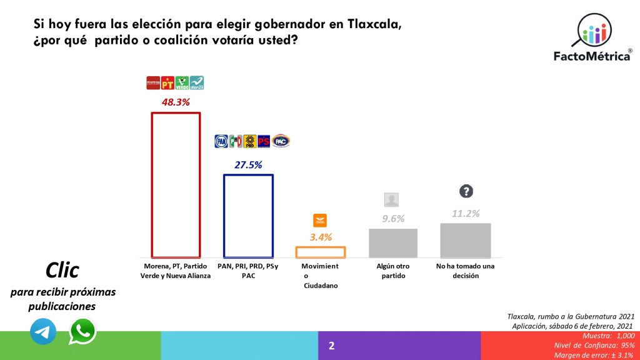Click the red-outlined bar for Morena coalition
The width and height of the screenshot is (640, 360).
point(176,185)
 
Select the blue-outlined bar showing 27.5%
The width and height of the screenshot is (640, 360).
point(248,216)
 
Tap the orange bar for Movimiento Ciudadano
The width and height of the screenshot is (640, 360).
point(320,252)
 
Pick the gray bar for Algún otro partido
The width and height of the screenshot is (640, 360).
point(393,242)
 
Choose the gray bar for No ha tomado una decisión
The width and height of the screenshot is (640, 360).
point(466,240)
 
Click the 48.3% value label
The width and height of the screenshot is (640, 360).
point(176,101)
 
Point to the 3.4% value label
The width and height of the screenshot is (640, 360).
point(320,237)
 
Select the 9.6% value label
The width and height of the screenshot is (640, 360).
point(393,219)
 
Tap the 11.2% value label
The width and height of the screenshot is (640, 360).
point(466,213)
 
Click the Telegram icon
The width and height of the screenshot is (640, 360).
point(43,332)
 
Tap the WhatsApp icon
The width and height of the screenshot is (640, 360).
point(82,331)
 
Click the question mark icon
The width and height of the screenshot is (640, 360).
point(466,191)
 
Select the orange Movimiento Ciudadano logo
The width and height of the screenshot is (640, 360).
point(320,220)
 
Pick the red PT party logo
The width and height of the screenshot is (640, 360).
point(167,82)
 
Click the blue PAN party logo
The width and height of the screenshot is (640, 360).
point(221,142)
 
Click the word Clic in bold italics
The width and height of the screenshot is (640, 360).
point(62,270)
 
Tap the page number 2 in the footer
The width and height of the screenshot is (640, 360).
point(332,346)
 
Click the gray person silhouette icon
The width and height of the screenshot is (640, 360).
point(392,200)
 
